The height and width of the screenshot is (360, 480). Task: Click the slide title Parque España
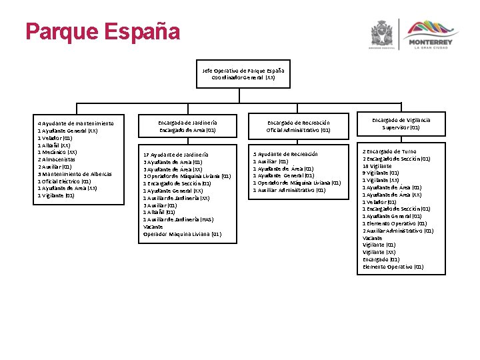point(102,31)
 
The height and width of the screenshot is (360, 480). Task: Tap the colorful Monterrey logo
point(429,33)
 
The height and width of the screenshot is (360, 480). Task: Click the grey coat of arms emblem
point(383,33)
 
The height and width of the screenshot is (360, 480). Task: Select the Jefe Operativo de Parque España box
point(243,74)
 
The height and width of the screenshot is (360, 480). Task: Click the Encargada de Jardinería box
point(187,126)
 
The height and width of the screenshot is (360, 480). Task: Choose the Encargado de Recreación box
point(298,126)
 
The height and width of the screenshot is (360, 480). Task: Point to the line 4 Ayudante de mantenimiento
point(75,123)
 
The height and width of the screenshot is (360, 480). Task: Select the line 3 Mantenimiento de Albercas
point(75,174)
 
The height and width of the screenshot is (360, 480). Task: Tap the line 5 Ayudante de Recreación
point(285,155)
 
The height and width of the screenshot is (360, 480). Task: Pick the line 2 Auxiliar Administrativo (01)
point(397,231)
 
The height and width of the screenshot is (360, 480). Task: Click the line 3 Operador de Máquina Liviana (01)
point(187,176)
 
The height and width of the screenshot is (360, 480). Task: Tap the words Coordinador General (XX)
point(243,77)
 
